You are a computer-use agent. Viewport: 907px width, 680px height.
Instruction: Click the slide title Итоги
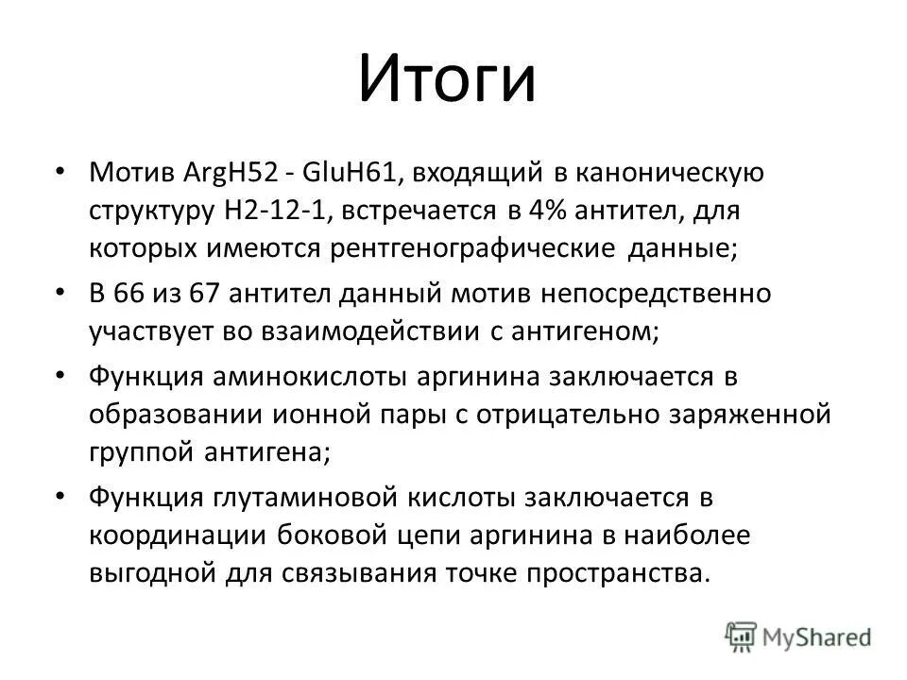447,80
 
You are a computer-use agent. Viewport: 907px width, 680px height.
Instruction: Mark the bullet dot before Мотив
87,172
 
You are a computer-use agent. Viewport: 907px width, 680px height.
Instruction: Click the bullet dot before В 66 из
87,293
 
